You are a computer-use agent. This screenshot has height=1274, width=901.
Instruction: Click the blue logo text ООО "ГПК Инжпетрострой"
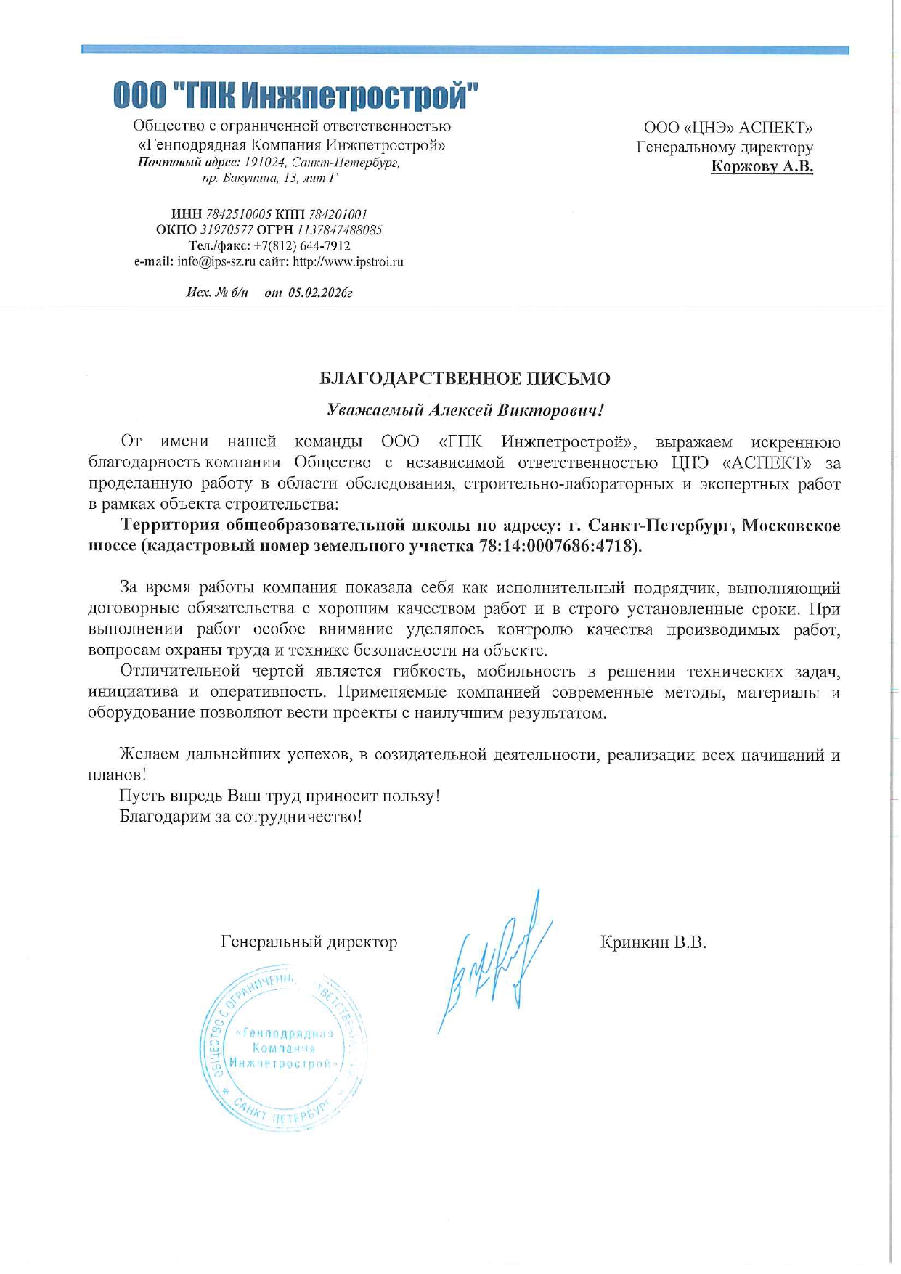point(296,95)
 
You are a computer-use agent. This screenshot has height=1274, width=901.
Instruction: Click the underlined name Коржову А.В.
point(762,168)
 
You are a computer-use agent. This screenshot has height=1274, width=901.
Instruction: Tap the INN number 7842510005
point(239,214)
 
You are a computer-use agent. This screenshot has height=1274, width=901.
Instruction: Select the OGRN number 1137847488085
point(339,230)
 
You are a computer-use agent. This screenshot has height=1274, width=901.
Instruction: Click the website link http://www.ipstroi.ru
point(348,262)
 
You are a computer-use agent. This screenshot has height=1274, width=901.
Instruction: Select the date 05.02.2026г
point(320,293)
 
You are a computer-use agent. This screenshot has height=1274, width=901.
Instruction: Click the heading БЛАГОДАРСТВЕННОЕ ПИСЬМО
point(465,379)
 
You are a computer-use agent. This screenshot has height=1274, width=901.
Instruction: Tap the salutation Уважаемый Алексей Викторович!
point(465,410)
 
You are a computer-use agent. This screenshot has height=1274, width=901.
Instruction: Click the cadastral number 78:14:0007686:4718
point(560,546)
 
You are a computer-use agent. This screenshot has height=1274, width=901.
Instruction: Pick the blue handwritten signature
point(494,958)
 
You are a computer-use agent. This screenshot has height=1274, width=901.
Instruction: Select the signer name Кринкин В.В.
point(653,943)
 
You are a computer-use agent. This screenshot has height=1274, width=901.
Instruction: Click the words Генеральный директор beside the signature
point(309,942)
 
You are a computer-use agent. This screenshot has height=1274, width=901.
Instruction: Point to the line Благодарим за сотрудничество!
point(240,817)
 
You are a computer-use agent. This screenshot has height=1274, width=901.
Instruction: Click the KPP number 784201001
point(338,214)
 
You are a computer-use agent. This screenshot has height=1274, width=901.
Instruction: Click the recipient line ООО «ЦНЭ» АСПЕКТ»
point(728,128)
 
